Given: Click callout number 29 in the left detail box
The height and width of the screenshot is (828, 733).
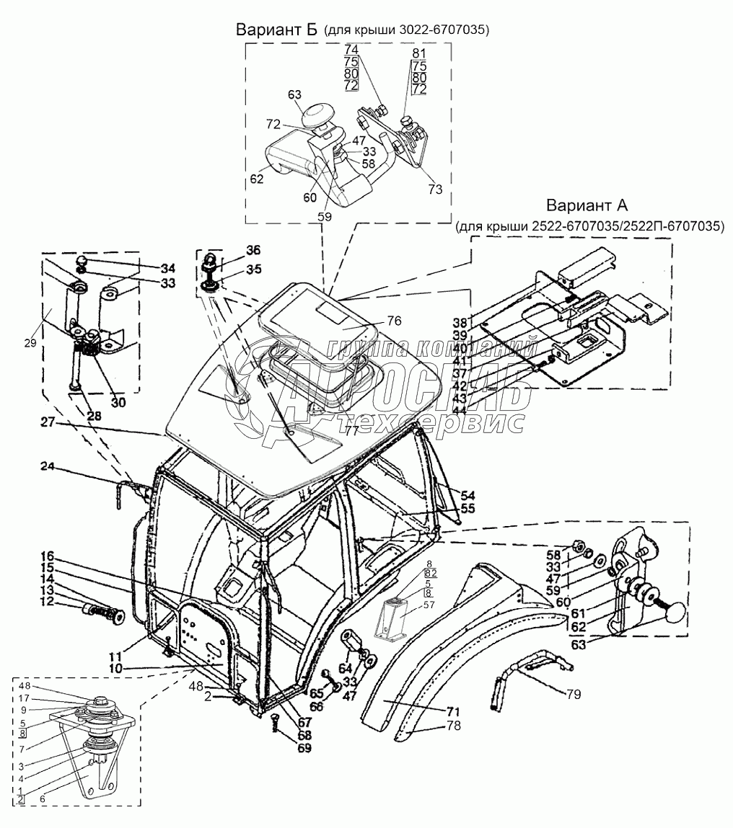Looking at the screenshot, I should pyautogui.click(x=30, y=343).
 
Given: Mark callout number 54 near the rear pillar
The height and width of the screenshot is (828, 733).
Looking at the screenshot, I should pyautogui.click(x=468, y=495).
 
